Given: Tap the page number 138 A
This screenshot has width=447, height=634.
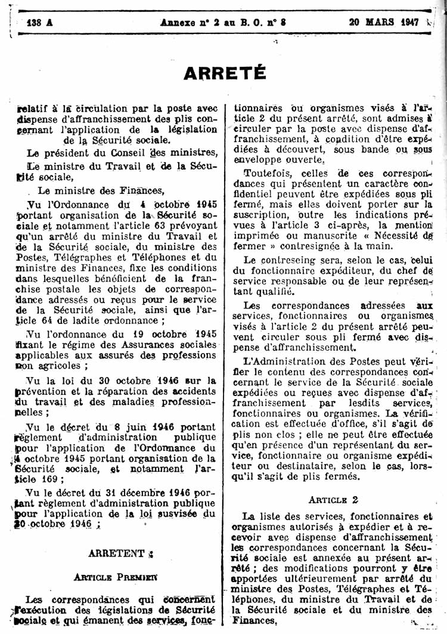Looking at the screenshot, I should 40,22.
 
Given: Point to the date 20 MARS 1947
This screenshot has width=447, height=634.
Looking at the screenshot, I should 384,22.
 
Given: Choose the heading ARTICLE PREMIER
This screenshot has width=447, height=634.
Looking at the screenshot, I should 116,577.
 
